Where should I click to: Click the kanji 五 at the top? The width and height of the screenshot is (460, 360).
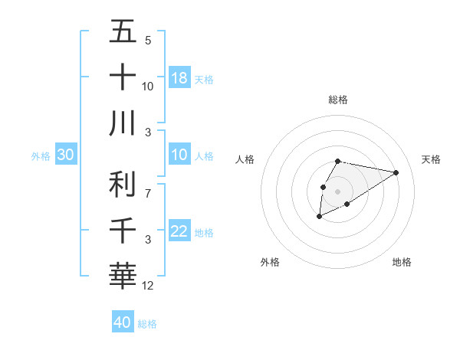pyautogui.click(x=123, y=32)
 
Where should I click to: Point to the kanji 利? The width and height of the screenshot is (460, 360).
pyautogui.click(x=123, y=185)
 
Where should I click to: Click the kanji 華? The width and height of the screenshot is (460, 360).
pyautogui.click(x=123, y=275)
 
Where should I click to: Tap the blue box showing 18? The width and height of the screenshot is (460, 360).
pyautogui.click(x=179, y=77)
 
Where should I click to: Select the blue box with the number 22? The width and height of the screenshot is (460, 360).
pyautogui.click(x=179, y=231)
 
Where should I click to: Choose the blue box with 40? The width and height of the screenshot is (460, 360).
pyautogui.click(x=123, y=322)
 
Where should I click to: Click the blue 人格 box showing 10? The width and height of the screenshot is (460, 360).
pyautogui.click(x=179, y=155)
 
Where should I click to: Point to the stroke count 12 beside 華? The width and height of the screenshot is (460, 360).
pyautogui.click(x=148, y=286)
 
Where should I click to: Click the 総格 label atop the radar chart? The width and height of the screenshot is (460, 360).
pyautogui.click(x=338, y=100)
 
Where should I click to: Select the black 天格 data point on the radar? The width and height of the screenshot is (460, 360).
pyautogui.click(x=396, y=172)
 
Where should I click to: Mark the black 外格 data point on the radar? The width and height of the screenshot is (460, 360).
pyautogui.click(x=320, y=217)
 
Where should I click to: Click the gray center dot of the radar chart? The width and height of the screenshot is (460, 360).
pyautogui.click(x=338, y=191)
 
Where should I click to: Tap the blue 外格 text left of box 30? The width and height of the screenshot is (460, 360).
pyautogui.click(x=41, y=156)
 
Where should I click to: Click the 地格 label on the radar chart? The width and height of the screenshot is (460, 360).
pyautogui.click(x=402, y=262)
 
